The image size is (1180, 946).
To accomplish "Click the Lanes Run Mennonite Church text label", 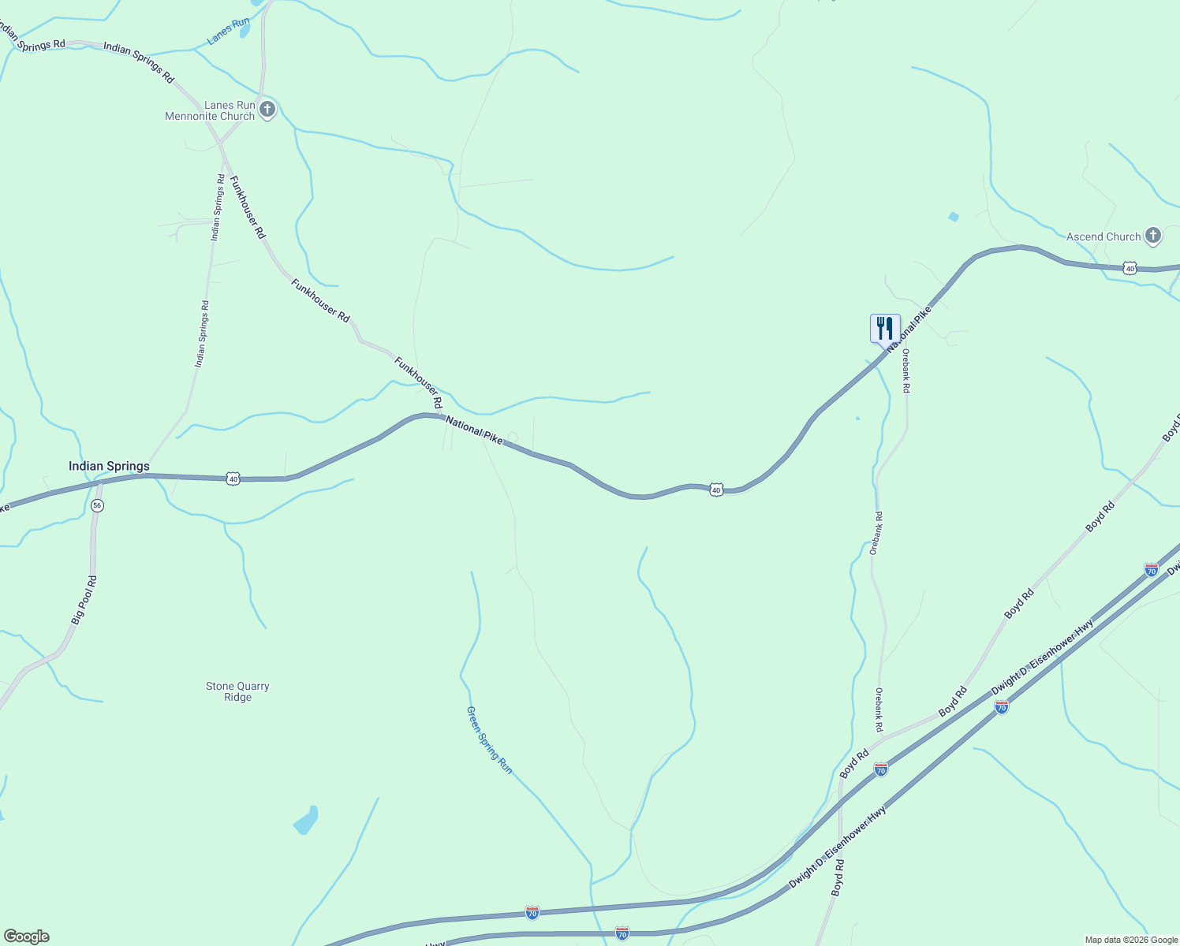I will tap(210, 110).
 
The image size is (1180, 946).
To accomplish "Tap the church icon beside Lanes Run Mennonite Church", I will tap(267, 109).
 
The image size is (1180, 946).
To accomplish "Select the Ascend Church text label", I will tap(1103, 236).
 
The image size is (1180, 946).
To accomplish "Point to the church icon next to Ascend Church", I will tap(1153, 235).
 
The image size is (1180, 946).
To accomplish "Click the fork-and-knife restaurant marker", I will tap(885, 328).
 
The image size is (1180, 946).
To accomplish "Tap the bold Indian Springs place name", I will tap(109, 466).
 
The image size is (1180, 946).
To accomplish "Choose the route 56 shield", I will tap(97, 505).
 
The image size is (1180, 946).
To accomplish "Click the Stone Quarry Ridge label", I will tap(237, 691).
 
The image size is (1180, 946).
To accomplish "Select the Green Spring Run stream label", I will tap(489, 739).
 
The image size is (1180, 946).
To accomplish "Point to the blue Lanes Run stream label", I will tap(228, 31).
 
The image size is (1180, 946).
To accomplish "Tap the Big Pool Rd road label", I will tap(84, 601).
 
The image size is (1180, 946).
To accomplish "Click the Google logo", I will tap(26, 937).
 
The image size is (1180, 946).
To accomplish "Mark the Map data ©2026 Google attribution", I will tap(1131, 940).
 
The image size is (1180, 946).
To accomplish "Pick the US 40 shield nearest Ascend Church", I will tap(1130, 268).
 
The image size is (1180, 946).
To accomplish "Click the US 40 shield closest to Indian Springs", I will tap(233, 479).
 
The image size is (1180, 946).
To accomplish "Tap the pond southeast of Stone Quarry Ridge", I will tap(306, 821).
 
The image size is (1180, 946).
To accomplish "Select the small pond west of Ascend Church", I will tap(954, 217).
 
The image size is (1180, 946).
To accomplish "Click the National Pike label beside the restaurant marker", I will tap(909, 329).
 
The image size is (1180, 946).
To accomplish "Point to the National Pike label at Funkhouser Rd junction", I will tap(473, 430).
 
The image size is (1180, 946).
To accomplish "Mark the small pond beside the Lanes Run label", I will tap(245, 31).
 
